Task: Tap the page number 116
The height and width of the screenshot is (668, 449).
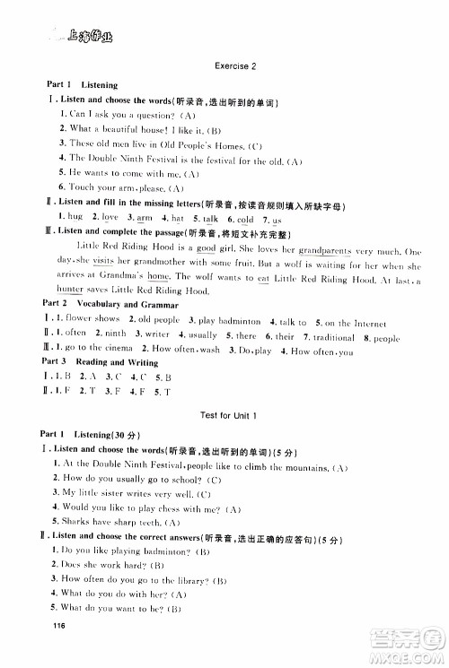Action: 60,649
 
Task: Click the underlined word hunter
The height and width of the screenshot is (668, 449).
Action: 70,291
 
